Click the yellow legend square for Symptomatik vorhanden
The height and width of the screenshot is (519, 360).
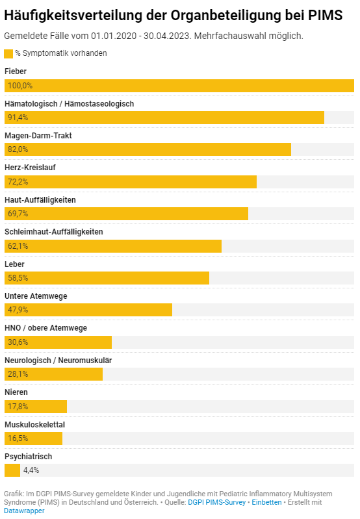tap(8, 54)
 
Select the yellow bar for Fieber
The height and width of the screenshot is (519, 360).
tap(179, 86)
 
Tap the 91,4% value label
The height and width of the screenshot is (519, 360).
tap(18, 118)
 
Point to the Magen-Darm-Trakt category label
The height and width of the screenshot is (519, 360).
tap(38, 136)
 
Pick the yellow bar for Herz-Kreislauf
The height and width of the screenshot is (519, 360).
tap(131, 182)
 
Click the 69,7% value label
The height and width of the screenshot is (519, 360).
tap(18, 214)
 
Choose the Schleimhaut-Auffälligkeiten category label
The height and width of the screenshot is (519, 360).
tap(54, 232)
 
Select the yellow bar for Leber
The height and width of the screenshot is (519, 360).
tap(107, 278)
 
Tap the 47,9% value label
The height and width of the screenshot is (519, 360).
tap(18, 310)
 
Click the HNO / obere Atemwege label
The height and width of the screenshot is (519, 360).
tap(45, 328)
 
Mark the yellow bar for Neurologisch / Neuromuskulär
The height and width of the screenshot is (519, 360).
tap(53, 374)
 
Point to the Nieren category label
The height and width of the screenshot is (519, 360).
tap(16, 392)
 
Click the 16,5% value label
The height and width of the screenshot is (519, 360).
tap(18, 438)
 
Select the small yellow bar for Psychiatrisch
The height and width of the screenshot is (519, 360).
tap(12, 470)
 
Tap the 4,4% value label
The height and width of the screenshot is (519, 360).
tap(31, 470)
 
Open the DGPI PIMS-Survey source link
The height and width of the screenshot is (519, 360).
tap(216, 502)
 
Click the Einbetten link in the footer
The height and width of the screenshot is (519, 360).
tap(266, 502)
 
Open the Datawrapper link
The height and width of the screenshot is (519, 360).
tap(24, 511)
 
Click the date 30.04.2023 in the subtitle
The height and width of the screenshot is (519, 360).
tap(167, 36)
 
